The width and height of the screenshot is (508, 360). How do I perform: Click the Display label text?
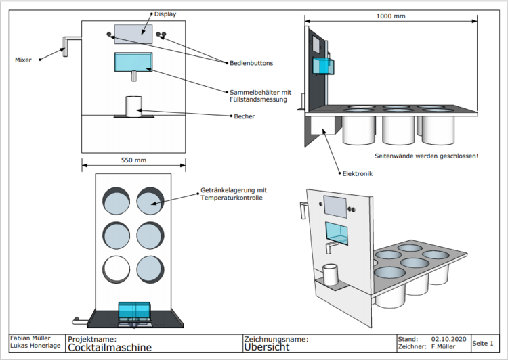[x=165, y=14]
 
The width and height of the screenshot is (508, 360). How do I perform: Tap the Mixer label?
[x=23, y=60]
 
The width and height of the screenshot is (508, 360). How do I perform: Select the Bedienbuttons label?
[x=250, y=63]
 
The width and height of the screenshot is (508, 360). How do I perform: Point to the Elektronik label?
[x=358, y=173]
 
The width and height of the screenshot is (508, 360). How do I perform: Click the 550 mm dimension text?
[x=133, y=160]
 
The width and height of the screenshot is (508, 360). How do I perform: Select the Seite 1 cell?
[x=483, y=343]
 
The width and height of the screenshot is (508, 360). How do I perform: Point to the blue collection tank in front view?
[x=132, y=61]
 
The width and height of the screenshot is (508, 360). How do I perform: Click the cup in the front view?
[x=133, y=106]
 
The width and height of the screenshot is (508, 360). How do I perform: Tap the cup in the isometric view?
[x=331, y=274]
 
